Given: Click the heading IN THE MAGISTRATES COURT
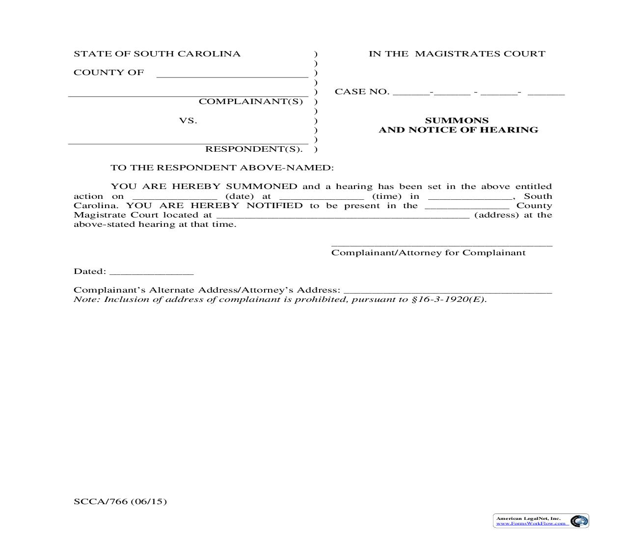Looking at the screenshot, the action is (457, 54).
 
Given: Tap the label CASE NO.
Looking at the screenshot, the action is (361, 92).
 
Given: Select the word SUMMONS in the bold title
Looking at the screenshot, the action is (457, 120).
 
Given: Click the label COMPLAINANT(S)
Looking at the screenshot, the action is (250, 102).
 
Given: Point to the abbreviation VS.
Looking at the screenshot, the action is (188, 121).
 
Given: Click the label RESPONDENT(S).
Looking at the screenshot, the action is (253, 149).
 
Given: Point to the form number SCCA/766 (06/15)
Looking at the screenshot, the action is (120, 501).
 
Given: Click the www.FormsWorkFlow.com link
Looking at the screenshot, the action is (531, 523).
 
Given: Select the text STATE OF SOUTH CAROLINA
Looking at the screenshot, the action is (157, 54).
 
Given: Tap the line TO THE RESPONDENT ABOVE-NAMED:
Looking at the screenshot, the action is (222, 168).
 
